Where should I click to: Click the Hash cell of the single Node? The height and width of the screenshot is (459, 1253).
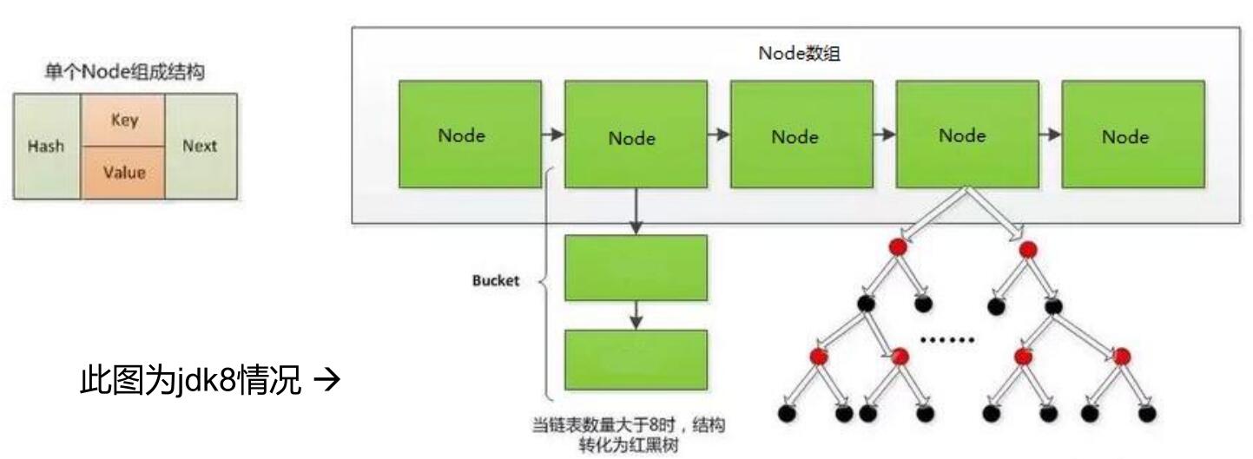point(47,146)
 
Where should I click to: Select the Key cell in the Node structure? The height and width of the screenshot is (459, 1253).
point(123,120)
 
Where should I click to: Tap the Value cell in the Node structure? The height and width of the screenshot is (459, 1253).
point(123,172)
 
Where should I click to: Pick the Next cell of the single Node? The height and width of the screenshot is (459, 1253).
point(201,146)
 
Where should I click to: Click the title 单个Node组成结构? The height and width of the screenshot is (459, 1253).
point(125,71)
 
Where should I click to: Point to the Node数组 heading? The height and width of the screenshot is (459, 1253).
point(800,53)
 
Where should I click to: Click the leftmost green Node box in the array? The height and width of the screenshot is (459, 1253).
point(470,134)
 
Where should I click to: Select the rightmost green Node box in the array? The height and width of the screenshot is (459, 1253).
point(1133,134)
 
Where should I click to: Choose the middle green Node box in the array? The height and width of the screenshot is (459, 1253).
point(801,134)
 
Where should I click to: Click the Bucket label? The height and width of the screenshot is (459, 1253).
point(496,280)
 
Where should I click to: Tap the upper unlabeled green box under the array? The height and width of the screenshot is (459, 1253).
point(636,268)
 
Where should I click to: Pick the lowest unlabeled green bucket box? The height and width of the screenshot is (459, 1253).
point(636,360)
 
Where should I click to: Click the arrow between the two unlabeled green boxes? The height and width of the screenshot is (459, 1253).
point(636,315)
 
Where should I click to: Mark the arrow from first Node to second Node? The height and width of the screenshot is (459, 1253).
point(552,134)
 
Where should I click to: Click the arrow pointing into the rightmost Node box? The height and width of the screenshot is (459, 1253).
point(1050,134)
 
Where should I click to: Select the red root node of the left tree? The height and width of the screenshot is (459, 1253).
point(898,246)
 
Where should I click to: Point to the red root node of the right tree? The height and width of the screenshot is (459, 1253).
point(1028,249)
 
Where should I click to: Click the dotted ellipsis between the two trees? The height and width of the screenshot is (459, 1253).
point(947,339)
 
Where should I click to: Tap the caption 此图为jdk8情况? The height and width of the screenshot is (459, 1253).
point(190,380)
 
